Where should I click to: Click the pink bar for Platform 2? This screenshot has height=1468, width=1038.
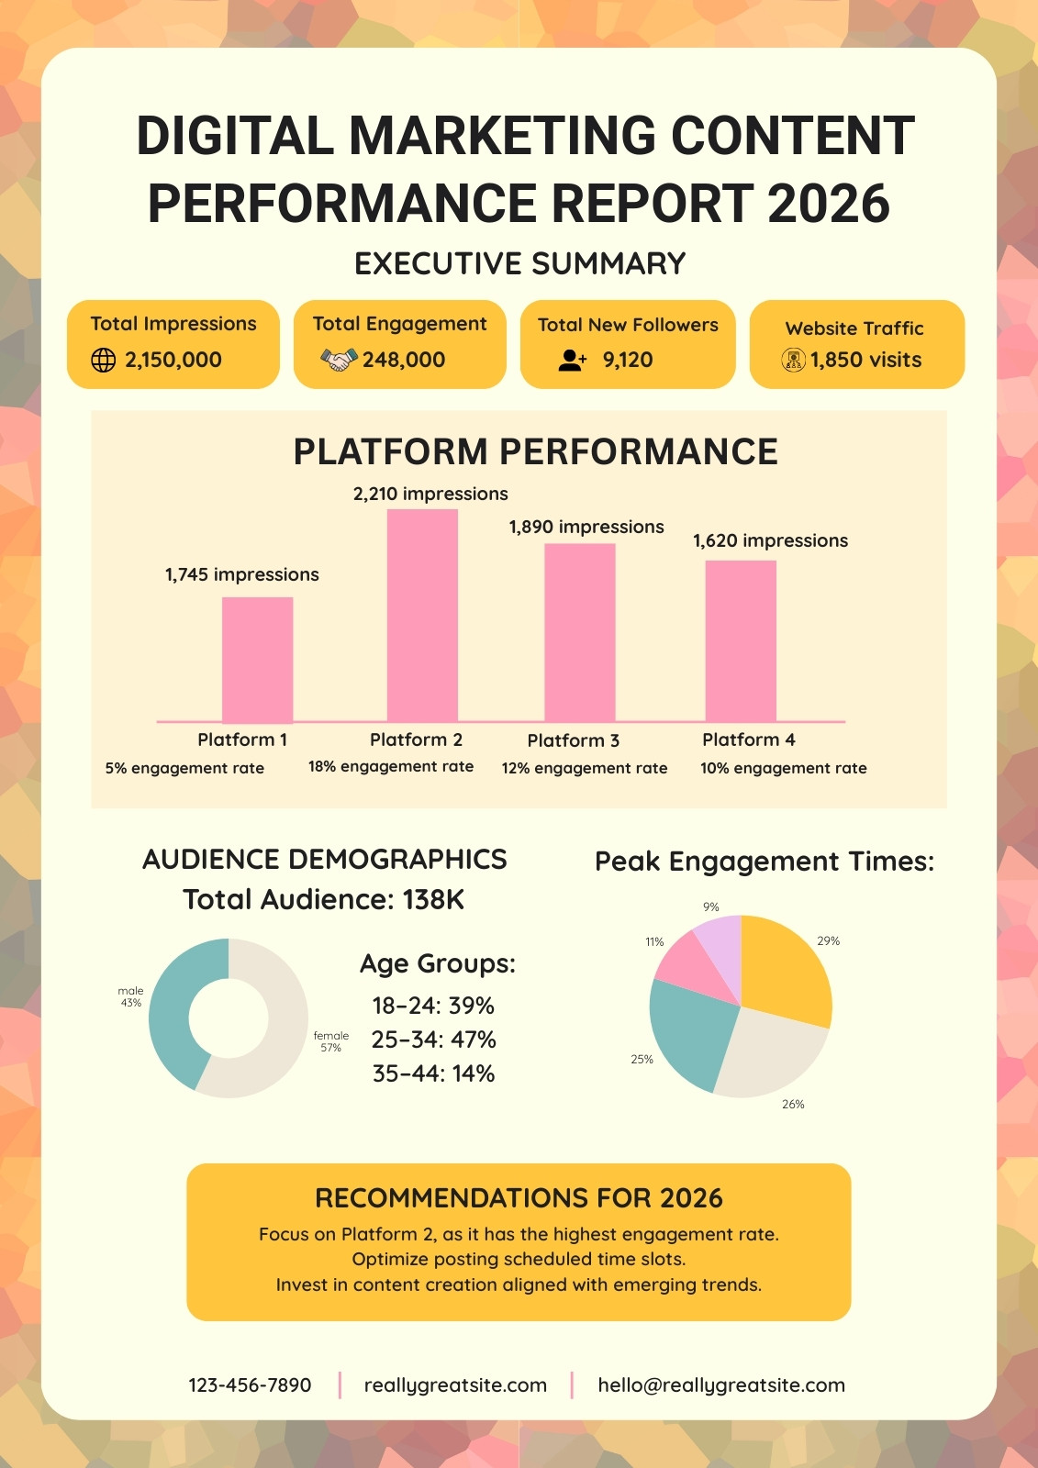coord(422,616)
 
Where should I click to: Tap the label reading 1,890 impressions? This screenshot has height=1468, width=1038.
coord(586,527)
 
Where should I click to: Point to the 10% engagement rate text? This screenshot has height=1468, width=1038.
coord(783,768)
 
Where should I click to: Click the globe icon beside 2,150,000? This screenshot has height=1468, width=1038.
coord(103,360)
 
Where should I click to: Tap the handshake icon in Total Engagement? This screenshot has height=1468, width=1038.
coord(339,359)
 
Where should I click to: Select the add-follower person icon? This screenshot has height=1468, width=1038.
coord(573,360)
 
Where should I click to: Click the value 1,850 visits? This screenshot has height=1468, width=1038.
coord(865,360)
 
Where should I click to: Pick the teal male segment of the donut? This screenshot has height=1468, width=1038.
coord(172,1009)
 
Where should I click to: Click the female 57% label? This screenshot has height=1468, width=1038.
coord(330,1041)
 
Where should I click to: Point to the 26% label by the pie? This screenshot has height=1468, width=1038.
coord(793,1105)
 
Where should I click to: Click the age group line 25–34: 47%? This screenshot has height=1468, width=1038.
coord(433,1040)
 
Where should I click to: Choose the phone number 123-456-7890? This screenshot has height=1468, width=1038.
coord(250,1385)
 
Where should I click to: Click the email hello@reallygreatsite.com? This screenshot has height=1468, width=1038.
coord(721,1385)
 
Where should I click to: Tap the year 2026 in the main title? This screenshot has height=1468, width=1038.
coord(828,203)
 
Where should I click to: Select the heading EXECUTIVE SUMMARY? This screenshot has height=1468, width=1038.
coord(520,263)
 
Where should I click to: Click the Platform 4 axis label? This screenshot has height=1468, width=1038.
coord(748,740)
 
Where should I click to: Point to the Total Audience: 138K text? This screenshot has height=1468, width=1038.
coord(323,900)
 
